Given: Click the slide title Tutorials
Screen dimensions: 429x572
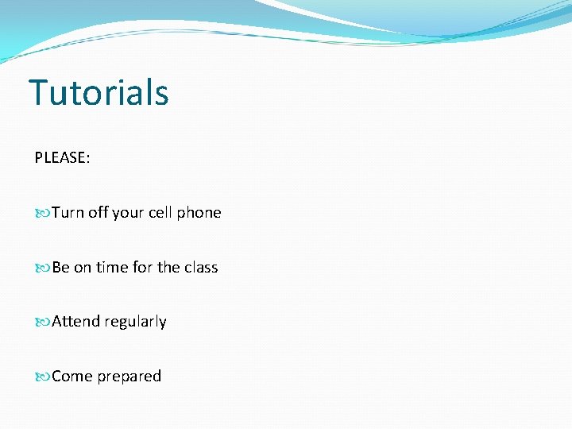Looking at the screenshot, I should [x=99, y=92].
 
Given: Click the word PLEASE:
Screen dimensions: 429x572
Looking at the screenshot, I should [x=62, y=158].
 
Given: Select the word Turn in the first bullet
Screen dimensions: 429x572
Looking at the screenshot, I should [x=68, y=213].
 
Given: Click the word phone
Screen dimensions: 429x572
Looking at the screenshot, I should [x=199, y=213].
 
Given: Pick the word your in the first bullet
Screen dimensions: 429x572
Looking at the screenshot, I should [x=128, y=213].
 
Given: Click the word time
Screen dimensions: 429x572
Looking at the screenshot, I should [x=112, y=268].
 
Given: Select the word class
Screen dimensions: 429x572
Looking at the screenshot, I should [x=201, y=268].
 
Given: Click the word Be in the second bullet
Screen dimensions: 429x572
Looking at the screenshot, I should [x=61, y=268].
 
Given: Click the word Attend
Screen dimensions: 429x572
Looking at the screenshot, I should [x=76, y=322].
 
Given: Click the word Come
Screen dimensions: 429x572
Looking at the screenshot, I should [x=72, y=377].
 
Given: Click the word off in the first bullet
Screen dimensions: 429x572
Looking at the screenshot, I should [x=98, y=213].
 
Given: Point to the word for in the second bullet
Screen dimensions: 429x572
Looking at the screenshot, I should [x=142, y=268].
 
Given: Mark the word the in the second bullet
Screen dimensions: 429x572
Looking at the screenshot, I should [x=168, y=268].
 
